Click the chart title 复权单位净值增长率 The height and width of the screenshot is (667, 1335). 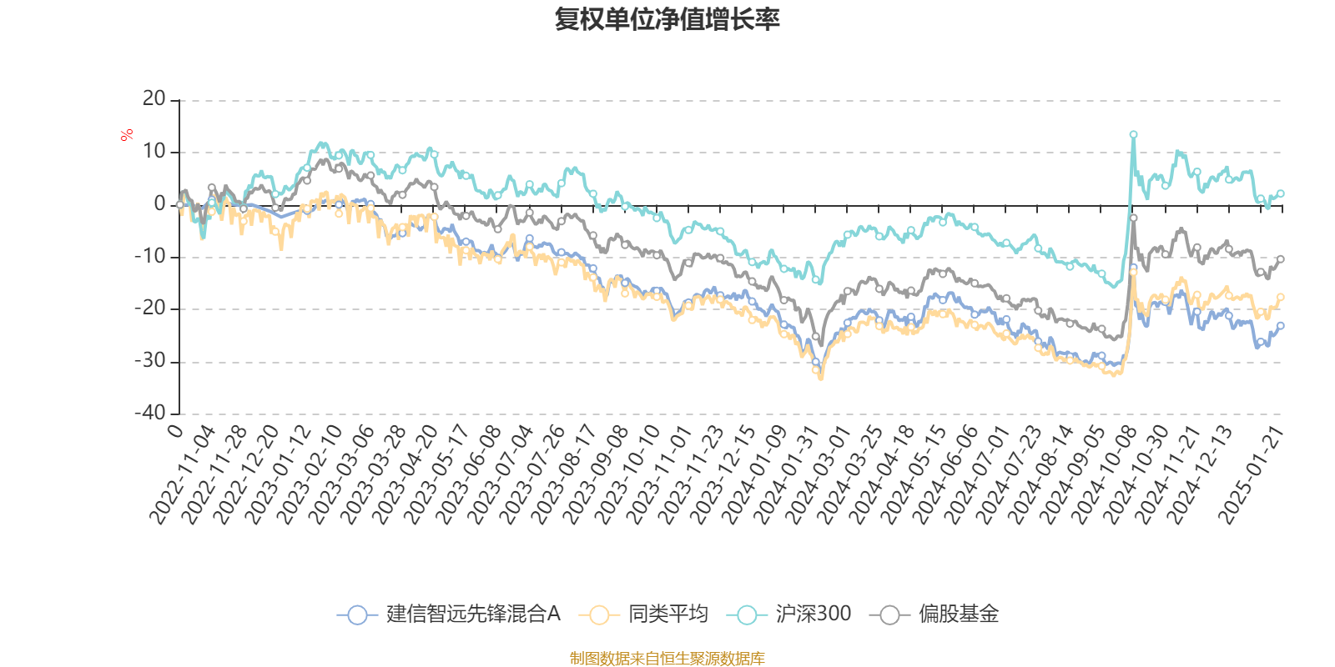(x=667, y=19)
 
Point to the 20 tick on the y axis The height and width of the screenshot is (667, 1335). (x=154, y=99)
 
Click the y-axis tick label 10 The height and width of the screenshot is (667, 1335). (x=154, y=152)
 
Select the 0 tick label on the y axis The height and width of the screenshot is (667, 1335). (x=159, y=204)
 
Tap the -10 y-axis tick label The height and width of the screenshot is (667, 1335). (x=150, y=256)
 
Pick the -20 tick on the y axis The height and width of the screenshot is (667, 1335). (x=150, y=308)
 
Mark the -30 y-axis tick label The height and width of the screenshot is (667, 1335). (x=150, y=361)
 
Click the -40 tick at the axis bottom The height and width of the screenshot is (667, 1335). (x=150, y=413)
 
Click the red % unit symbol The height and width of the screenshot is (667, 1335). (x=127, y=135)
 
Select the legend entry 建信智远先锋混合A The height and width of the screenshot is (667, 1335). (x=450, y=614)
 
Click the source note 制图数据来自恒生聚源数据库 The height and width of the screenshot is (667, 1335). (x=667, y=659)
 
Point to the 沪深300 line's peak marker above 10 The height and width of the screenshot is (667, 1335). (x=1133, y=134)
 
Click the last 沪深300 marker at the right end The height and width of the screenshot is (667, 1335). (x=1281, y=193)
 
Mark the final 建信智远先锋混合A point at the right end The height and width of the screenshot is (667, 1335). (x=1281, y=325)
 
